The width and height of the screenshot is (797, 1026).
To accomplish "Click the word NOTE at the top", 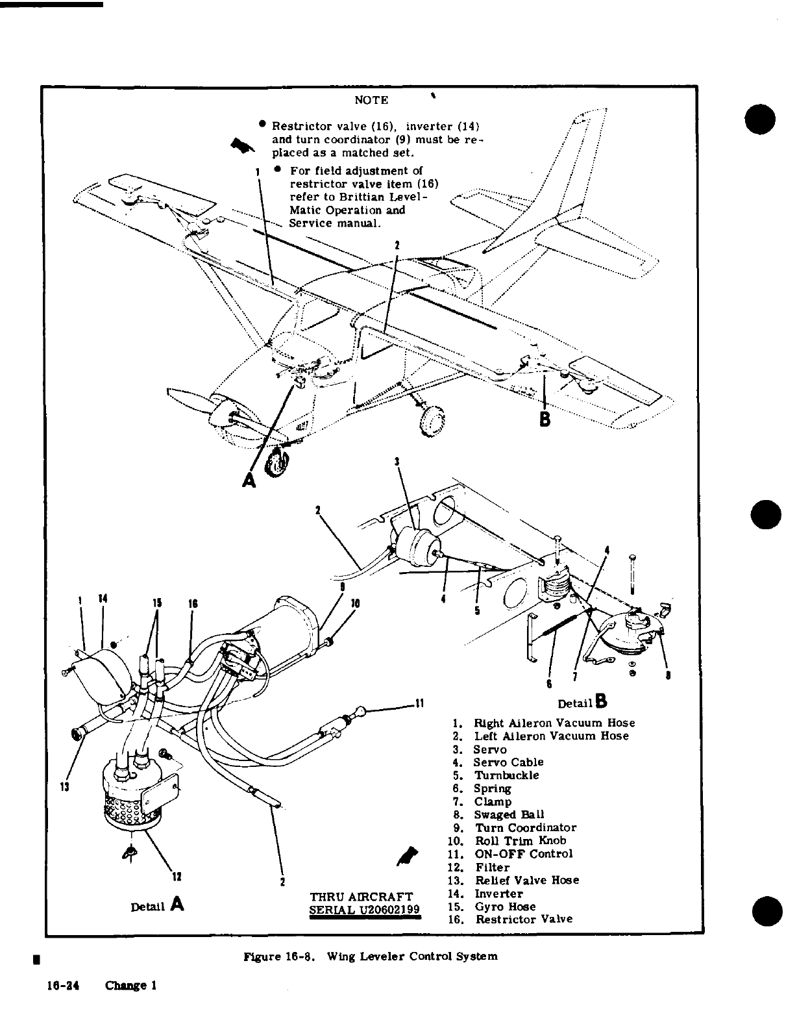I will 371,101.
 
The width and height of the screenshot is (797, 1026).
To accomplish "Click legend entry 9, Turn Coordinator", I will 525,828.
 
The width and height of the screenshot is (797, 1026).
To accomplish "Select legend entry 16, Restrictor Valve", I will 524,920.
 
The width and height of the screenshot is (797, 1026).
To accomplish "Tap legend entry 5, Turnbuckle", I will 506,775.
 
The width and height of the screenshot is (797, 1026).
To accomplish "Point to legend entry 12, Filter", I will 492,868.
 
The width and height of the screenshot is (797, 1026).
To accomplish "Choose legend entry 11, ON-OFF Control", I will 523,854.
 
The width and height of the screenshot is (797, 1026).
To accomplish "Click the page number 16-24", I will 62,985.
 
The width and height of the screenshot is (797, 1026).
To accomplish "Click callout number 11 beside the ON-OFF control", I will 419,703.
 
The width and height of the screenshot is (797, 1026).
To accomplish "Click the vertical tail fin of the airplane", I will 571,175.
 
